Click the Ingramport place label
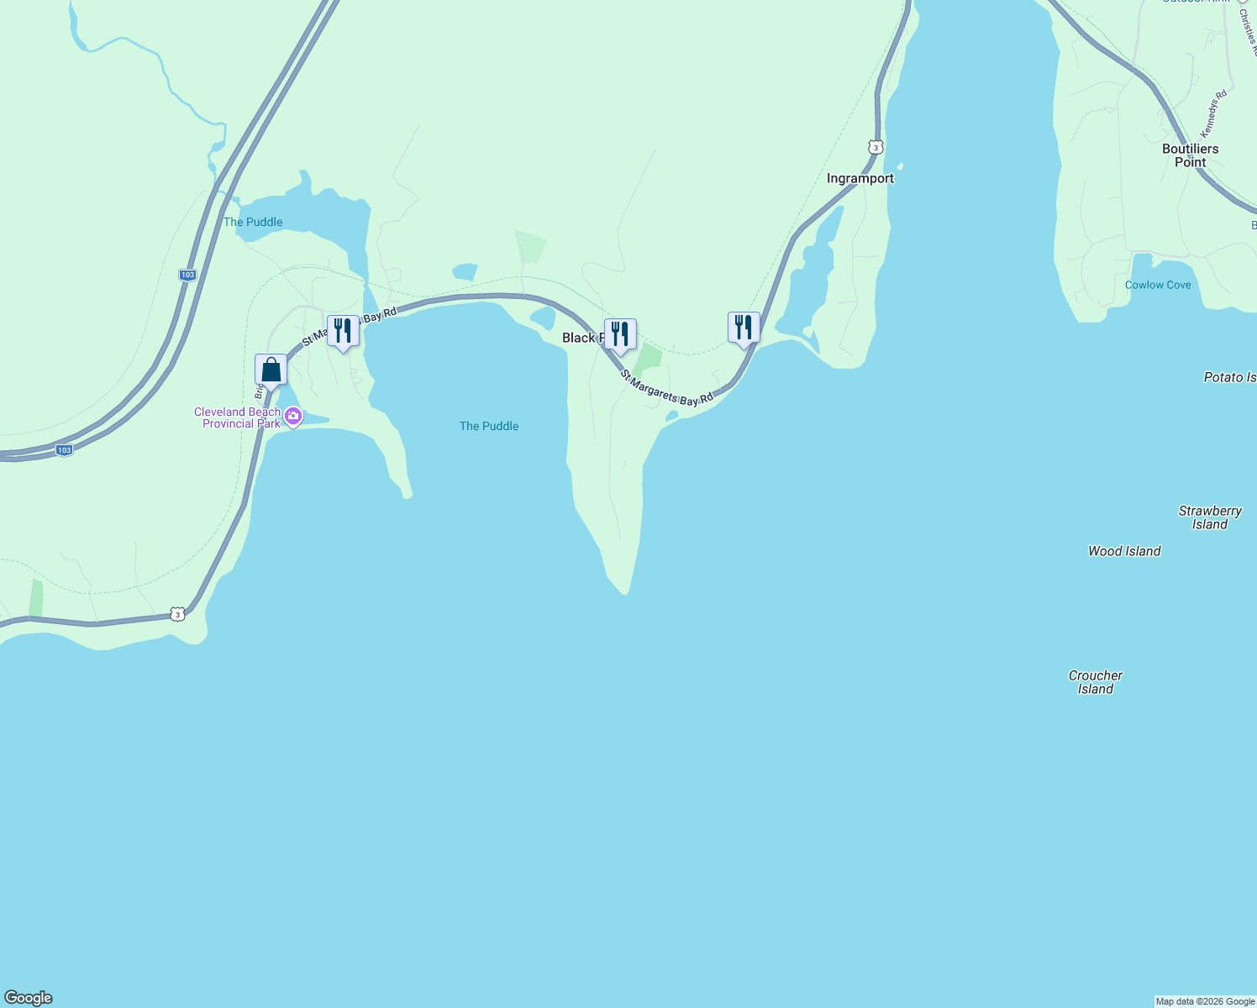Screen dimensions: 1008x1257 [860, 178]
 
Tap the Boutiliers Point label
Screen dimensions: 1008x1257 [1190, 155]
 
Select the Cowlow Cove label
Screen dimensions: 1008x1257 [1158, 285]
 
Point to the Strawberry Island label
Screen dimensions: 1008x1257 [1209, 517]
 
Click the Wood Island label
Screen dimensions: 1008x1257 [1124, 551]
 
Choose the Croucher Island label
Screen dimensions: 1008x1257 [1095, 682]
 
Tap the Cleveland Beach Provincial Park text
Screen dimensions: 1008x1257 [239, 417]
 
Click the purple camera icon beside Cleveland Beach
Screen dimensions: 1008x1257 [293, 416]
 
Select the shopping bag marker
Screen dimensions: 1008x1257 [271, 370]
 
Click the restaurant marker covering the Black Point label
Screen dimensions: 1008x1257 [620, 334]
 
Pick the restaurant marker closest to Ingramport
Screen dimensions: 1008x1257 [744, 328]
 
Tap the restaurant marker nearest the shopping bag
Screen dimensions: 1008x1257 [343, 331]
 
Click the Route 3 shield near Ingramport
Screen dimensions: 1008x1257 [876, 147]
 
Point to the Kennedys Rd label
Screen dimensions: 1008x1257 [1213, 113]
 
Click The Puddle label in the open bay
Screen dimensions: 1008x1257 [489, 426]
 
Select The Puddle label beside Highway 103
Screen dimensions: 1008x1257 [253, 222]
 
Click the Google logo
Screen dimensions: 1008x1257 [29, 998]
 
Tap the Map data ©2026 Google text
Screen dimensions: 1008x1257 [1205, 1001]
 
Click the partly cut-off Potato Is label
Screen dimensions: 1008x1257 [1229, 377]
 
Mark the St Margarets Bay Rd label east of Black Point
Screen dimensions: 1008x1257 [667, 388]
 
